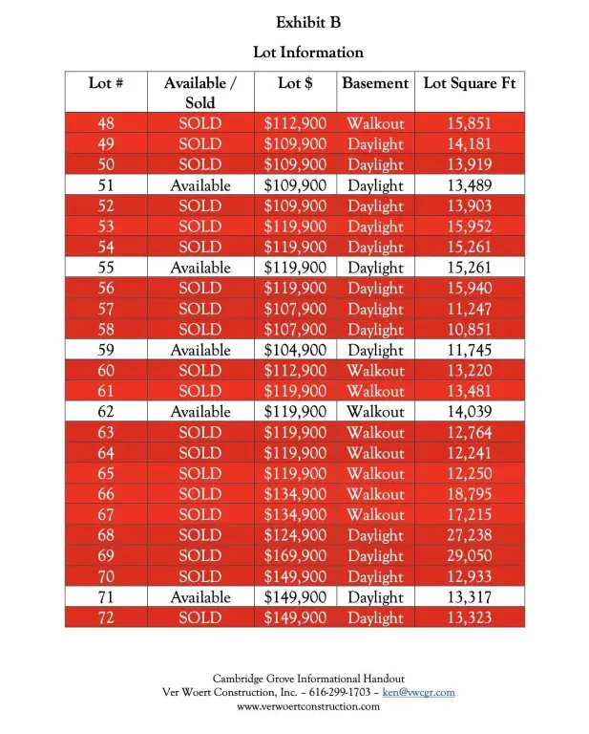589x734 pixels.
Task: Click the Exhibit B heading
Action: click(307, 22)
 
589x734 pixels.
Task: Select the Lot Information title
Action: click(307, 52)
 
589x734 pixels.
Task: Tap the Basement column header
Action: click(375, 83)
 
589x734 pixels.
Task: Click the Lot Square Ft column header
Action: click(470, 83)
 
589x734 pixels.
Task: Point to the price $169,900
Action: click(295, 556)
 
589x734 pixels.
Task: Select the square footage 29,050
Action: click(470, 556)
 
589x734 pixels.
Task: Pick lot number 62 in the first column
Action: click(106, 412)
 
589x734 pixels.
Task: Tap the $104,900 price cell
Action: click(295, 350)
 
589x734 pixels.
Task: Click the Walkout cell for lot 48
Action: click(375, 123)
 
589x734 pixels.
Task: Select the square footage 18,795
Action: click(470, 494)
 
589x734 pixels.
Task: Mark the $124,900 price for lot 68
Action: click(295, 535)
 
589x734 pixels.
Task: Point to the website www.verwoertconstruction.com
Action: click(307, 706)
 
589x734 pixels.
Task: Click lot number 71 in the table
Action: click(106, 597)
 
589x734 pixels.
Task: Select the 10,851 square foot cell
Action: click(470, 330)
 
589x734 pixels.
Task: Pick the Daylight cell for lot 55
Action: click(375, 268)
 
